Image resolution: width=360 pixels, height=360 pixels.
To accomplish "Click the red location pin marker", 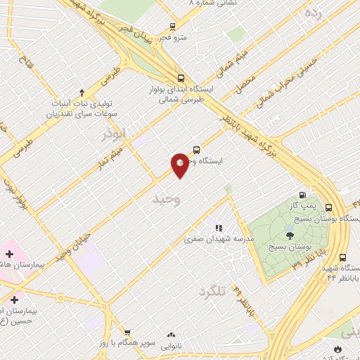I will point(180,165).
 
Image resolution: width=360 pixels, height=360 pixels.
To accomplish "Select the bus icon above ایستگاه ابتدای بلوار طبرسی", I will point(181,79).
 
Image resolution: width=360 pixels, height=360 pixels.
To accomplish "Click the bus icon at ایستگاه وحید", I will point(195,150).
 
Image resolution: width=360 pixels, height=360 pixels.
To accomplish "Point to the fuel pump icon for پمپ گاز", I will point(303,195).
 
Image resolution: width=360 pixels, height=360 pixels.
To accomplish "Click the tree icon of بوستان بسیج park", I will point(290,235).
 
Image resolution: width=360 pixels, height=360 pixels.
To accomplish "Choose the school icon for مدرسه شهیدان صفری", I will point(219,228).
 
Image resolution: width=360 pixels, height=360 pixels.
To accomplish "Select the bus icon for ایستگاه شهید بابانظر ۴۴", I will point(343,257).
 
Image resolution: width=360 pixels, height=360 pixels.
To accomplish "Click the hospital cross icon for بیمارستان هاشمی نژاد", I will point(10,253).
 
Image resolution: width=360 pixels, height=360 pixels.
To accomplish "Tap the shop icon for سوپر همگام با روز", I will point(127,332).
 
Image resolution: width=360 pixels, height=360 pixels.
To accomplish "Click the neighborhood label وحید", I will point(167,200).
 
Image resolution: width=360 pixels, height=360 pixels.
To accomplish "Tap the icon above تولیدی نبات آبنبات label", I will point(82,92).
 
